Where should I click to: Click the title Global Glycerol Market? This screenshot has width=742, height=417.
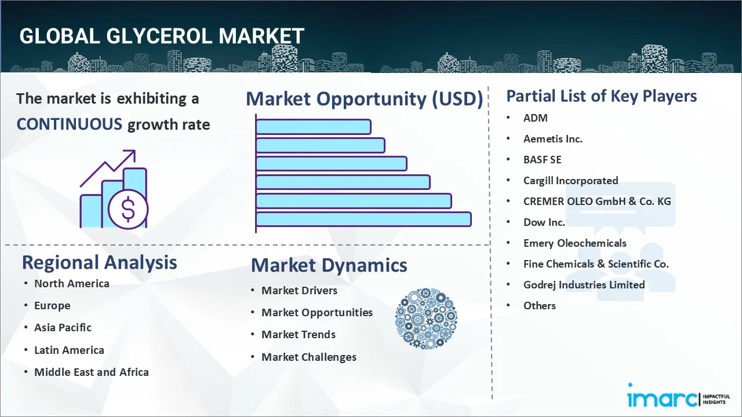[x=162, y=36]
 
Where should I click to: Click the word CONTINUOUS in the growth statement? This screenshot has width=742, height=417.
[x=69, y=124]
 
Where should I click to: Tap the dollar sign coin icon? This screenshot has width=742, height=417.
[x=128, y=209]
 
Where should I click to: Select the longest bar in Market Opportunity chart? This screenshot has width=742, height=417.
[x=363, y=219]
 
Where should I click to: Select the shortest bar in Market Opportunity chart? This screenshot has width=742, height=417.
[x=313, y=126]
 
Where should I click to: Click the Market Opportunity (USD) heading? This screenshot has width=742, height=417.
[x=364, y=99]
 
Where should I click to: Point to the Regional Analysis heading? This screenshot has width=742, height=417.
[x=99, y=262]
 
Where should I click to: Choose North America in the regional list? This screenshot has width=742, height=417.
[x=71, y=283]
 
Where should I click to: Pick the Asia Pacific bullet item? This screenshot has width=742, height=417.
[x=63, y=327]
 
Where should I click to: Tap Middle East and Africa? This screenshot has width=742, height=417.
[x=91, y=372]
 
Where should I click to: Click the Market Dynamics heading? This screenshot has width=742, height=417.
[x=329, y=265]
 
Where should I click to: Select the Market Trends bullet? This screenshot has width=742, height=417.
[x=298, y=334]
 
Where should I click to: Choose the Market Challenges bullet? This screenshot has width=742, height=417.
[x=308, y=357]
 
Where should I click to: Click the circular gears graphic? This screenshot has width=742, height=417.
[x=426, y=319]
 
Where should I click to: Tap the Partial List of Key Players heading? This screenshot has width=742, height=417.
[x=601, y=96]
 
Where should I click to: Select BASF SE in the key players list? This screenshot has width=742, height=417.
[x=542, y=159]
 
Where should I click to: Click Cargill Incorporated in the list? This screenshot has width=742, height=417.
[x=570, y=180]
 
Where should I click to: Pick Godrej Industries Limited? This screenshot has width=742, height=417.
[x=584, y=284]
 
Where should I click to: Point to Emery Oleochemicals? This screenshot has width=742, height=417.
[x=574, y=243]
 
